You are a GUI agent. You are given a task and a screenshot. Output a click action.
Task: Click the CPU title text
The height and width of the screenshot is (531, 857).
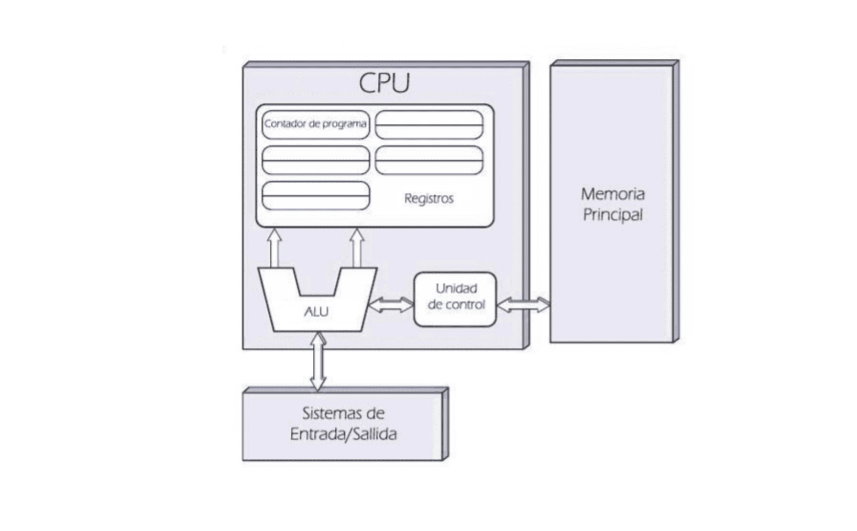tap(384, 83)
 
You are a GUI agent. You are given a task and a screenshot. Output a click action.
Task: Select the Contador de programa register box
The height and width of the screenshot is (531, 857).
tap(316, 124)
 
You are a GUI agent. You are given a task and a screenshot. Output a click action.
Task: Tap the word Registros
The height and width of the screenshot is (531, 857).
tap(428, 199)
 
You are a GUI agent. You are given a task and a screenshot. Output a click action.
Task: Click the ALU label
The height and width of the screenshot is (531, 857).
tap(316, 312)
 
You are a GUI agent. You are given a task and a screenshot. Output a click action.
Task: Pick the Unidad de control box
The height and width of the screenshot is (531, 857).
tap(455, 299)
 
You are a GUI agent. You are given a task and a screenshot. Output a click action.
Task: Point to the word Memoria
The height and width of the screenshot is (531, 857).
tap(613, 194)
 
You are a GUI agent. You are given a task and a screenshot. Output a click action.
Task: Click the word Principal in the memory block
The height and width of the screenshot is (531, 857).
tap(613, 215)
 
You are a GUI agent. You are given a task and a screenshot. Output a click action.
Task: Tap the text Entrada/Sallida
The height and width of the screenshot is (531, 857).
tap(343, 434)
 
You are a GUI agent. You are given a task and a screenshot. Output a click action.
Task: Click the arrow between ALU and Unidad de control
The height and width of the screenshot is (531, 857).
tap(391, 305)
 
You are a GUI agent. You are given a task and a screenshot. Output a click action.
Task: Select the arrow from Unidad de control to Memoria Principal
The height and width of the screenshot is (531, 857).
tap(523, 305)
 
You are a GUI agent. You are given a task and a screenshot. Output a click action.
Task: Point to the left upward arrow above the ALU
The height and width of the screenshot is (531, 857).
tap(274, 247)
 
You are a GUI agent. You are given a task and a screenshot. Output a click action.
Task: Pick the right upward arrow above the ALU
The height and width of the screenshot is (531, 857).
tap(357, 247)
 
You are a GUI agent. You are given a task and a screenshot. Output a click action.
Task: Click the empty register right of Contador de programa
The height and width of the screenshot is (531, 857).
tap(428, 125)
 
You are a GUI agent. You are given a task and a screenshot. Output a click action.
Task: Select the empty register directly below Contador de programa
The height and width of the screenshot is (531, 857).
tap(316, 160)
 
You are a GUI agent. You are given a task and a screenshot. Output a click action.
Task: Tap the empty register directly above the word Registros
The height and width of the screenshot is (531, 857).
tap(428, 160)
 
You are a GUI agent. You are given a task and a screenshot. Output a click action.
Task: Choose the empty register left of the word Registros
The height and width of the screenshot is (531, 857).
tap(316, 196)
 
